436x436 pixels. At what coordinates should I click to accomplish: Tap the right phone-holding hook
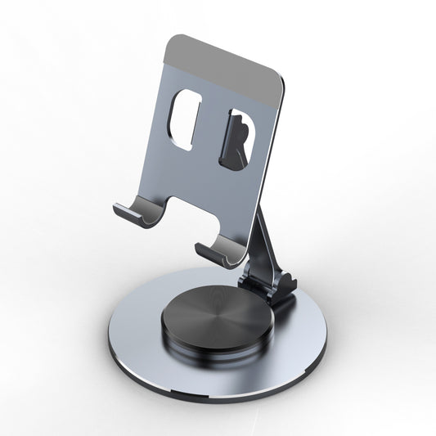click(214, 249)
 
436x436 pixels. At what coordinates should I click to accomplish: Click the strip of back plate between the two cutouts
click(212, 131)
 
